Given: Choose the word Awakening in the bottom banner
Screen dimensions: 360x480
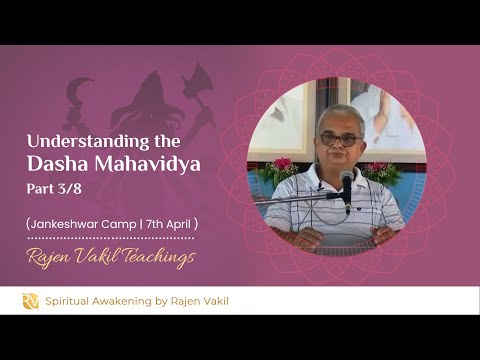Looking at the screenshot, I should pyautogui.click(x=125, y=300).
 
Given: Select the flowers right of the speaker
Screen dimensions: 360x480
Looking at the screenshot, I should pyautogui.click(x=382, y=170).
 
